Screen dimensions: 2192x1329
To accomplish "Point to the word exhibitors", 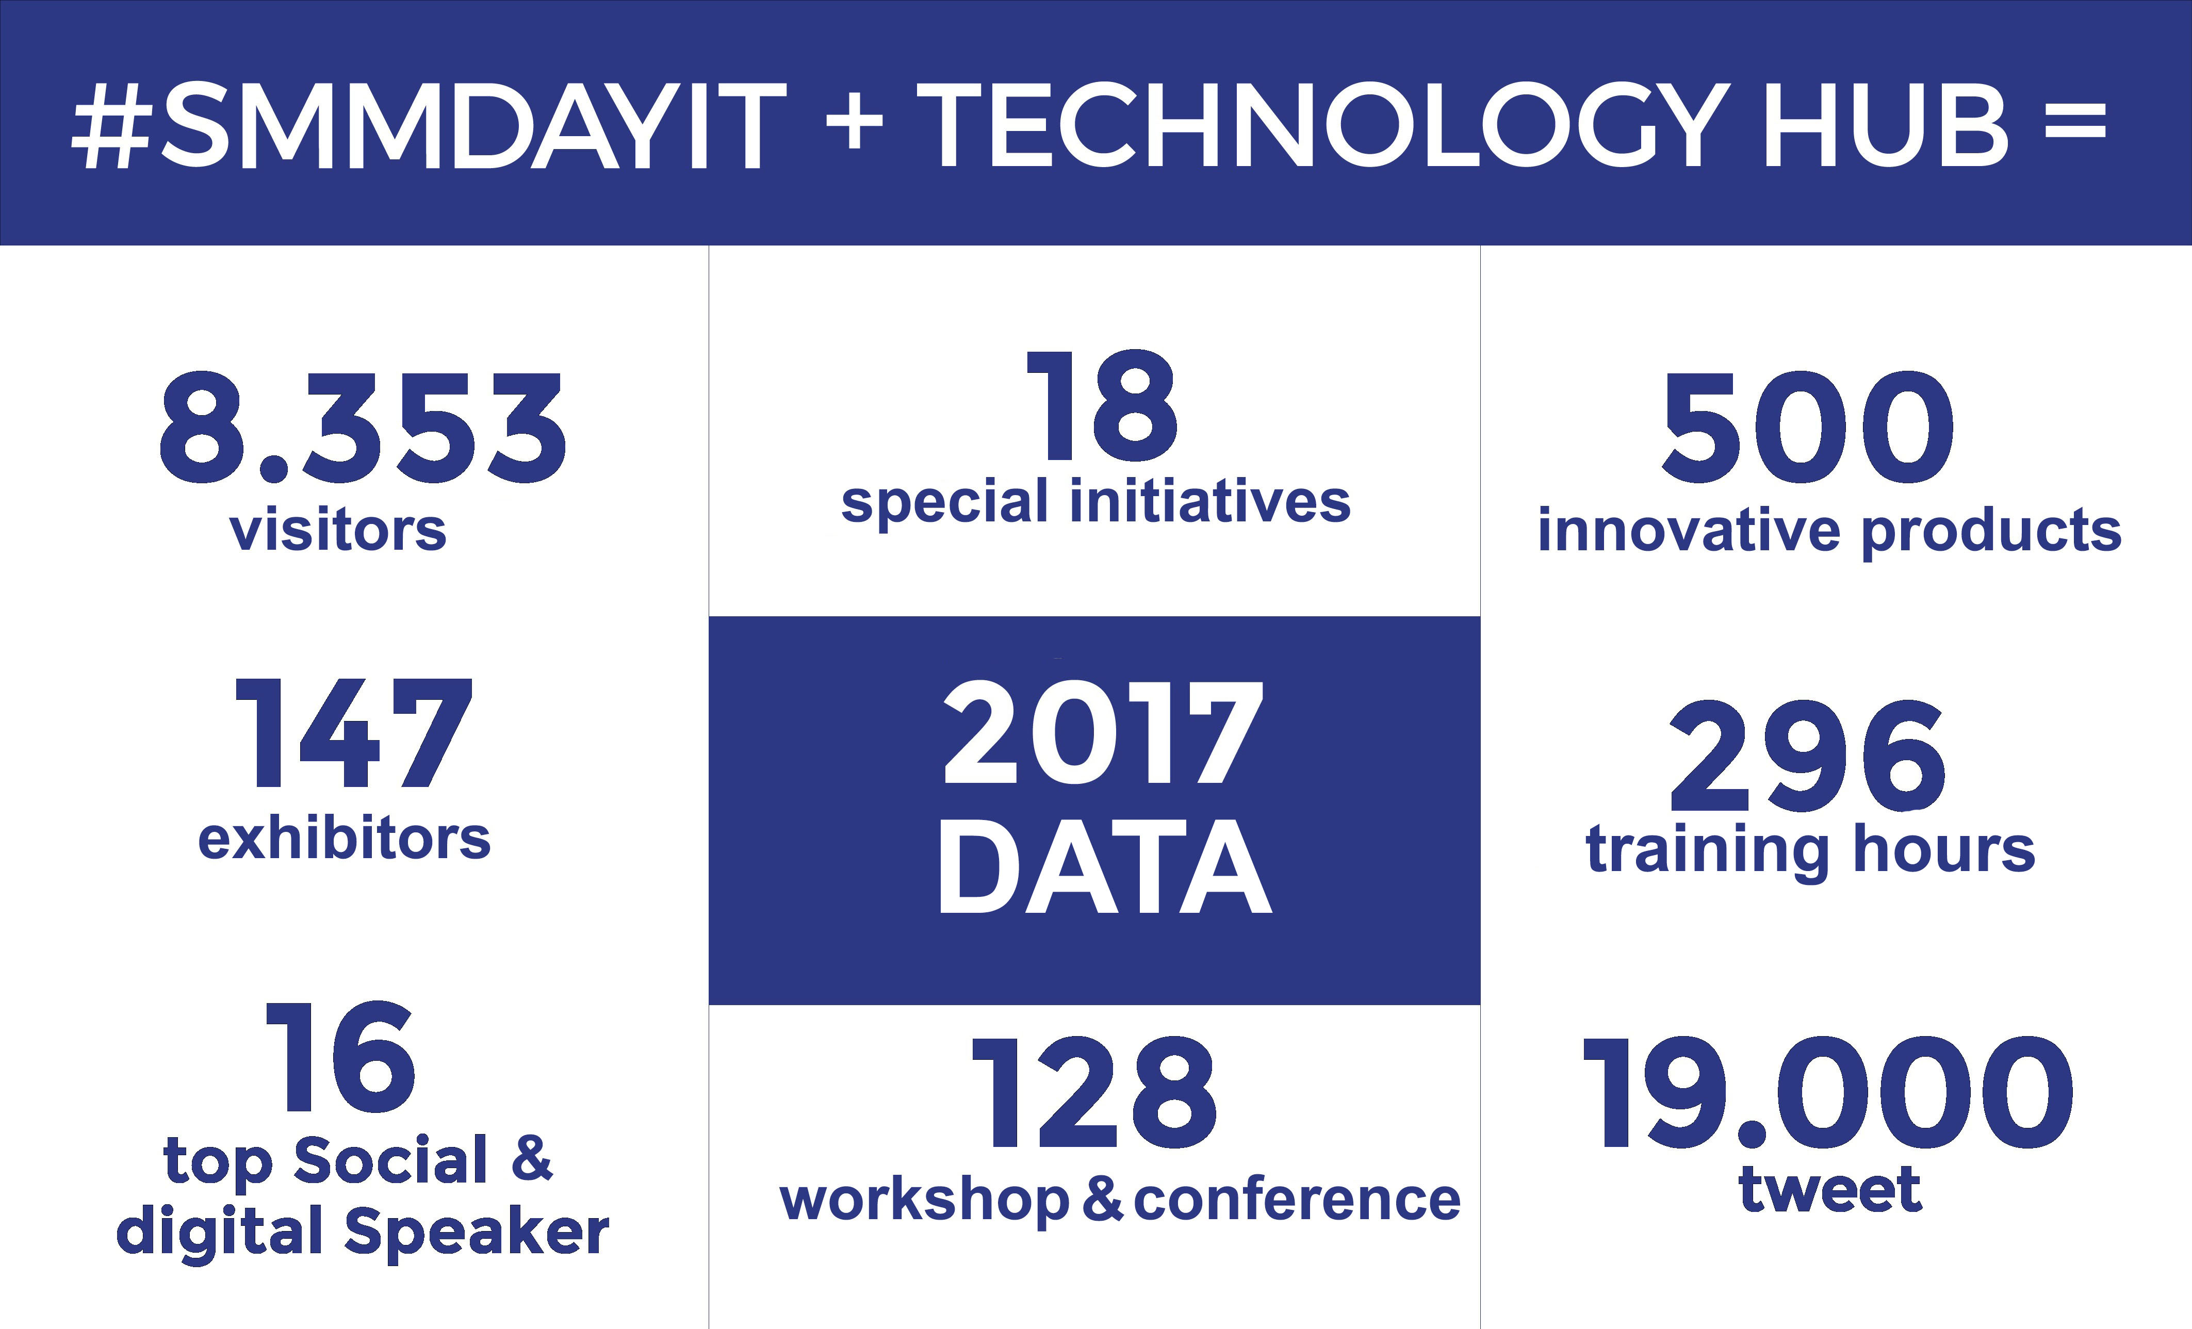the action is pos(345,839).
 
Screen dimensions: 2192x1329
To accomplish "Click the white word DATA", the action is pos(1105,867).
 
